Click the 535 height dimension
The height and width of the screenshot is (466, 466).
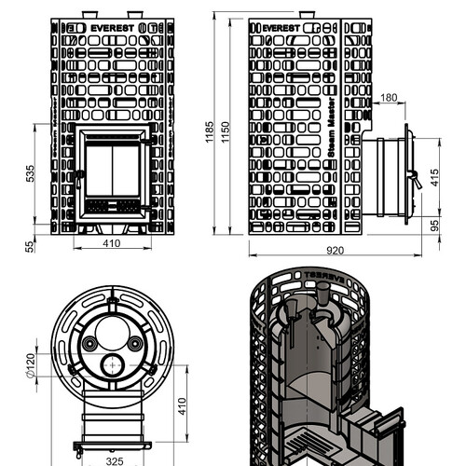(x=31, y=173)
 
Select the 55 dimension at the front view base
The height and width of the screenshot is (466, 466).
(x=30, y=247)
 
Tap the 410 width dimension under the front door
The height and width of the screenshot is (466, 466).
(x=111, y=243)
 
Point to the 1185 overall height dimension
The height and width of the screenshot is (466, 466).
(x=210, y=131)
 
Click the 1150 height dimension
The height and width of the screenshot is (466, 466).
(x=226, y=131)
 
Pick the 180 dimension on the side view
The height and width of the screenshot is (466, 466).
(x=389, y=98)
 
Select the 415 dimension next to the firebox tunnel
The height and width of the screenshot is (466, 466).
(x=435, y=177)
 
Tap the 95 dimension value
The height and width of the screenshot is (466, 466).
(x=435, y=226)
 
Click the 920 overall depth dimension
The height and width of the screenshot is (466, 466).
(x=335, y=251)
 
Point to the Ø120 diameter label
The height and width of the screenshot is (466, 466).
(x=31, y=365)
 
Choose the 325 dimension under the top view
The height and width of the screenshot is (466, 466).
(x=115, y=461)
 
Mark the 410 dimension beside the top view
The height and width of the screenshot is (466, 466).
(x=182, y=405)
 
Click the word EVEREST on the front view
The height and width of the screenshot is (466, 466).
(x=112, y=28)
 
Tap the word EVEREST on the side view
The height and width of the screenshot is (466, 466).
(x=281, y=28)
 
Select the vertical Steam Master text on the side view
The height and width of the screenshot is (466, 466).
(x=332, y=128)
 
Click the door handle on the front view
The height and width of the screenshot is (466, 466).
(x=79, y=179)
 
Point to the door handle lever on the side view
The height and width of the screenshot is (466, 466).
(x=416, y=180)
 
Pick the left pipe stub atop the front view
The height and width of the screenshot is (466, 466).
(x=89, y=15)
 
